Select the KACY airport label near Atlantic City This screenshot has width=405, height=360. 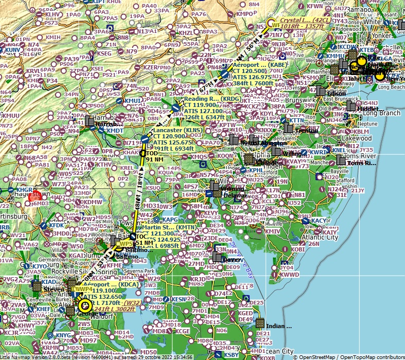click(x=319, y=221)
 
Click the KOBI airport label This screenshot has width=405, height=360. click(x=298, y=249)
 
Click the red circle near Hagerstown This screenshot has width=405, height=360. click(x=35, y=195)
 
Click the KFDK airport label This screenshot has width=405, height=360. click(x=57, y=225)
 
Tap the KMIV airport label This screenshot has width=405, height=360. click(x=272, y=231)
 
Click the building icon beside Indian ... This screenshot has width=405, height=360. click(x=260, y=323)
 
